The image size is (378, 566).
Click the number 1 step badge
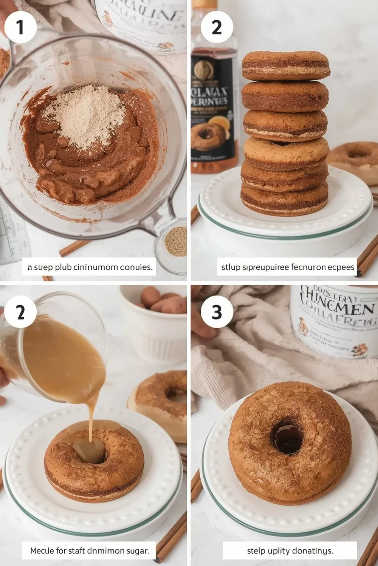point(20,27)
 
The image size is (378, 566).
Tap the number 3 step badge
point(217,312)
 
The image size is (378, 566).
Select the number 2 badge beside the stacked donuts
point(217,27)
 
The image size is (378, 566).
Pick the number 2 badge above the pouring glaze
point(20,312)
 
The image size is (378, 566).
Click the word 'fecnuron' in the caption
point(306,267)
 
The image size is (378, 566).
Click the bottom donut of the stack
point(284,198)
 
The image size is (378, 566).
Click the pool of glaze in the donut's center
point(89,449)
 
